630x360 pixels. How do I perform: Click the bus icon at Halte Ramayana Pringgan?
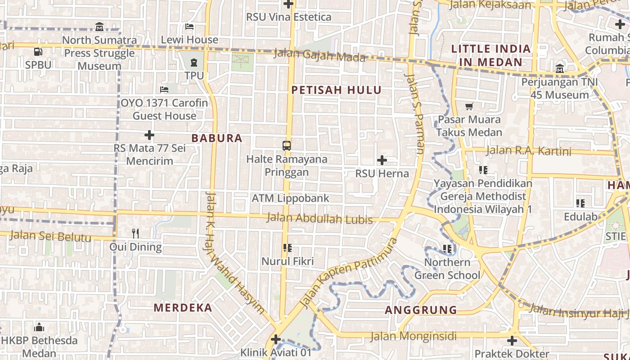tap(287, 145)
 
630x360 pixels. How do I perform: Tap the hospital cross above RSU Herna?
tap(382, 160)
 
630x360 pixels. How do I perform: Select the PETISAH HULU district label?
tap(336, 90)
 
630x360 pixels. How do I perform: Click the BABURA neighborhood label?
tap(217, 138)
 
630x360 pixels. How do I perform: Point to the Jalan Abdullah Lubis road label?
tap(319, 219)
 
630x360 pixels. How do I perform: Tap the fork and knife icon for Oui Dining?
tap(135, 233)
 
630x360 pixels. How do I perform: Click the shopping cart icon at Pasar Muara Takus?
tap(469, 107)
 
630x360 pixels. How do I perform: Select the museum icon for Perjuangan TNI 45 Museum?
tap(559, 69)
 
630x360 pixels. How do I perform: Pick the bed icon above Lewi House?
tap(189, 27)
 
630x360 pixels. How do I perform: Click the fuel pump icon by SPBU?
tap(38, 51)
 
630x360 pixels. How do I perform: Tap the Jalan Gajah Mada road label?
tap(319, 56)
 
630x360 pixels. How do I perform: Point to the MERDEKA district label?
tap(183, 308)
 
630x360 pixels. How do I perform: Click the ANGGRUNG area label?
tap(421, 310)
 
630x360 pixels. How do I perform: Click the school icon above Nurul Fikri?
tap(288, 247)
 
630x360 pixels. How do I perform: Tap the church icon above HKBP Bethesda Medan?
tap(39, 327)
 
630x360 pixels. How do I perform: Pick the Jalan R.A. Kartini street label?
tap(529, 151)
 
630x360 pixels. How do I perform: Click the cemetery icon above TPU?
tap(194, 62)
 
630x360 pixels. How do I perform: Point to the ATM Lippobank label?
tap(290, 198)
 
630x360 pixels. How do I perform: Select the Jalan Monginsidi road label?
tap(413, 336)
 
